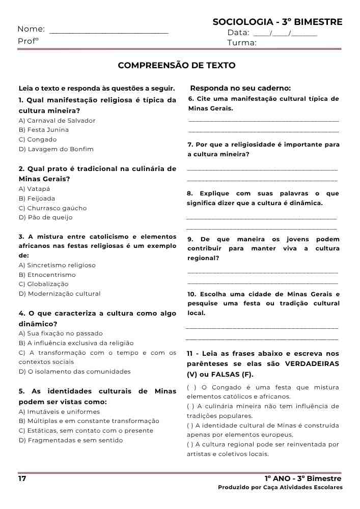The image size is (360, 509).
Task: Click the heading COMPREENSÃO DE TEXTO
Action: pyautogui.click(x=177, y=66)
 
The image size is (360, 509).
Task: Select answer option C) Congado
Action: pyautogui.click(x=38, y=139)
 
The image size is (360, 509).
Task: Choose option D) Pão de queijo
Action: pyautogui.click(x=45, y=217)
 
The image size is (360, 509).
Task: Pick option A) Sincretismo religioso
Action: pyautogui.click(x=57, y=265)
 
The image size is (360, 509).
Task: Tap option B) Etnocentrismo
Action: pyautogui.click(x=47, y=275)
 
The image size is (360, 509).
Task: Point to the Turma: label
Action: pyautogui.click(x=242, y=43)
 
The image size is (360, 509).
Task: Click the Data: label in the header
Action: pyautogui.click(x=238, y=33)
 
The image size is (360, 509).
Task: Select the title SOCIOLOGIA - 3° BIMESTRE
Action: pyautogui.click(x=278, y=22)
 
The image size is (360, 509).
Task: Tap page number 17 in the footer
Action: pyautogui.click(x=22, y=479)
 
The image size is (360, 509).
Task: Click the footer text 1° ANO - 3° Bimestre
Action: pyautogui.click(x=303, y=479)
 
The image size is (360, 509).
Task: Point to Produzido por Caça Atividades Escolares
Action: pyautogui.click(x=280, y=488)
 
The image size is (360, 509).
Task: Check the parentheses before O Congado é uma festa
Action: pyautogui.click(x=191, y=387)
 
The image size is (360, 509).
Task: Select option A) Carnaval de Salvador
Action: pyautogui.click(x=57, y=121)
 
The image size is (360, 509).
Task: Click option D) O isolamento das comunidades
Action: pyautogui.click(x=74, y=372)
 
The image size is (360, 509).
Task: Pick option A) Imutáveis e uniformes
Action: pyautogui.click(x=59, y=412)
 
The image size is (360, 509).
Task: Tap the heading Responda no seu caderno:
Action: pyautogui.click(x=240, y=88)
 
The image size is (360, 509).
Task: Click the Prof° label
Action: pyautogui.click(x=28, y=41)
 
